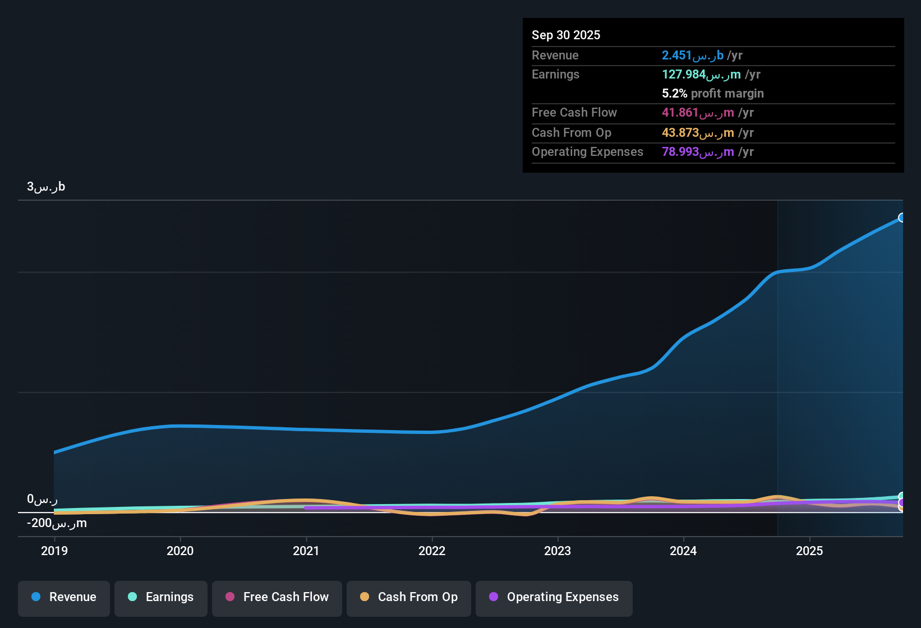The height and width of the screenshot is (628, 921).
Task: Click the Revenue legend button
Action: (x=64, y=597)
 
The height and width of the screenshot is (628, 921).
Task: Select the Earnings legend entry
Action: (x=161, y=597)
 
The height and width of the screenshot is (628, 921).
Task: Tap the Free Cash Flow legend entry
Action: (x=277, y=597)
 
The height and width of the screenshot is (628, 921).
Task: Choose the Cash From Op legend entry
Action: (x=409, y=597)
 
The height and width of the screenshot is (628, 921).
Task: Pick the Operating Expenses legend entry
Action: (x=554, y=597)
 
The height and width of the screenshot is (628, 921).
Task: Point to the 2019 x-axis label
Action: (x=54, y=551)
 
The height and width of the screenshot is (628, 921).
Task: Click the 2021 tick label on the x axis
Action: (x=306, y=551)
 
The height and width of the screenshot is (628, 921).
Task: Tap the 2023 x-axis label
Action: (x=557, y=551)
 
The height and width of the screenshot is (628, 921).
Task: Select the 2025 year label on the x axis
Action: (x=809, y=551)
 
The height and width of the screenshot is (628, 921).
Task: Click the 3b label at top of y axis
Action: (x=46, y=187)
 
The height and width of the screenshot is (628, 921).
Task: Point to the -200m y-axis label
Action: (x=57, y=523)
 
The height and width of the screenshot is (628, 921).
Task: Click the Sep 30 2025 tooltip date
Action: (x=565, y=35)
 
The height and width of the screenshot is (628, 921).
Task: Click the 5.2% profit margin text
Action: (x=712, y=93)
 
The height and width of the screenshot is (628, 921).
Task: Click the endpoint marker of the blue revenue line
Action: (x=902, y=218)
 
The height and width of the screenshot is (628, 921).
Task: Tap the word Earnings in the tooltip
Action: (x=555, y=74)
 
